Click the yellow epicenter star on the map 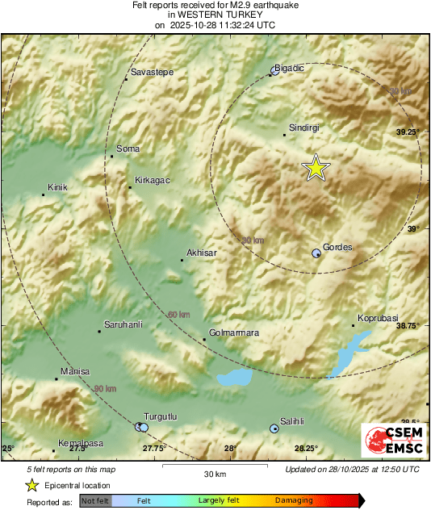pos(316,167)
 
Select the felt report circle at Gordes pos(316,253)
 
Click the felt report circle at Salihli pos(274,428)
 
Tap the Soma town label pos(128,148)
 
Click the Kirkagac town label pos(152,180)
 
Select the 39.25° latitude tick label pos(408,132)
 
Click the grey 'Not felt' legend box pos(94,501)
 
